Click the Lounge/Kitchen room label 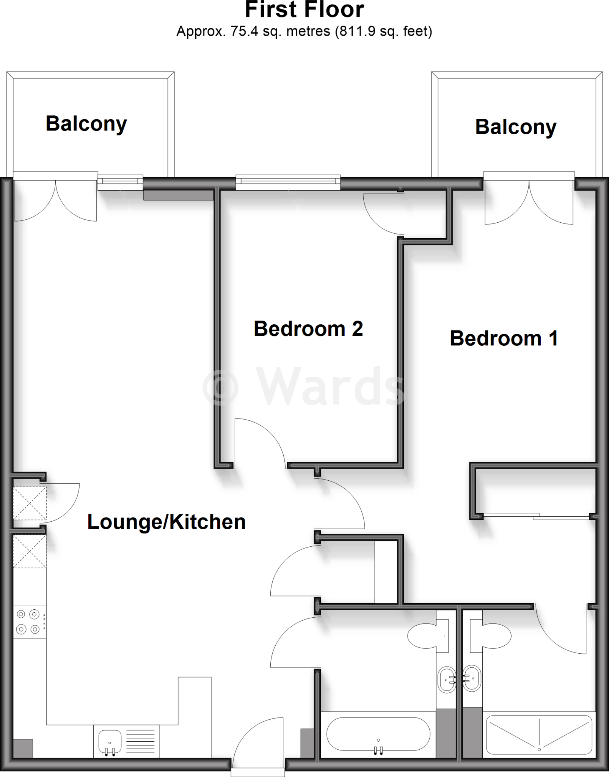(166, 522)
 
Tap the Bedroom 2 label (308, 329)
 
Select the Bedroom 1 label (504, 338)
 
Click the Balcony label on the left (86, 124)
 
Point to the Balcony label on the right (516, 127)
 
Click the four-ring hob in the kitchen (28, 621)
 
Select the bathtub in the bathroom (378, 733)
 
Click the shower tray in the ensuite (539, 735)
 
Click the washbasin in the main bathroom (447, 679)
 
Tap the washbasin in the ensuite (472, 679)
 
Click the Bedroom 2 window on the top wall (288, 182)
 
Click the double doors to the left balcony (55, 199)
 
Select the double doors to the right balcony (529, 201)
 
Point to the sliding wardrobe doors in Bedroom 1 (537, 516)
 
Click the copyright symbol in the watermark (220, 387)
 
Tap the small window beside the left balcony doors (120, 182)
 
